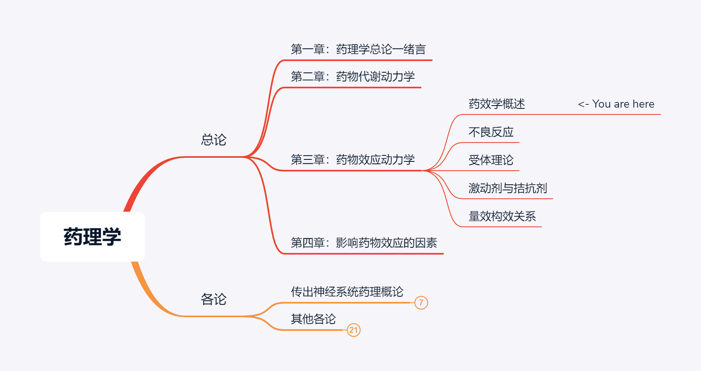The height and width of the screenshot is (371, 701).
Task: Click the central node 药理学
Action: (92, 236)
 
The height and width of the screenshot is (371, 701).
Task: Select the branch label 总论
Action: (213, 140)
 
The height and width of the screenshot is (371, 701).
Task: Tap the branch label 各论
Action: (213, 299)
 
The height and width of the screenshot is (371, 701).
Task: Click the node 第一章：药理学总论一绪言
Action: (358, 49)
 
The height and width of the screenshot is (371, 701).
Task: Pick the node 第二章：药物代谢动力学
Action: (353, 77)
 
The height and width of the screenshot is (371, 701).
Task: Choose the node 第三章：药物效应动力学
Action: (353, 160)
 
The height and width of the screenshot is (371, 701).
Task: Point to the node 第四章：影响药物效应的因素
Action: (364, 243)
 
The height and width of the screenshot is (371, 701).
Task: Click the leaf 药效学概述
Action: (497, 104)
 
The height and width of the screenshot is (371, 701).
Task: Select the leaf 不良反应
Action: (491, 132)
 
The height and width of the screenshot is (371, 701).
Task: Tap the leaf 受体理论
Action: (491, 160)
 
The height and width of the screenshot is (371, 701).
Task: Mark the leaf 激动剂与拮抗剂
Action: (508, 188)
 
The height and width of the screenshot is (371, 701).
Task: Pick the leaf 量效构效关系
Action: (502, 216)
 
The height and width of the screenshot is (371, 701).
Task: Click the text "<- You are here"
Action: (616, 104)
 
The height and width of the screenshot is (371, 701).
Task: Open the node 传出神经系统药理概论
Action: (347, 292)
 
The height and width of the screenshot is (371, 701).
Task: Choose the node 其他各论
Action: (313, 319)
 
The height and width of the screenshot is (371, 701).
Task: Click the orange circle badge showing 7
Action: (421, 303)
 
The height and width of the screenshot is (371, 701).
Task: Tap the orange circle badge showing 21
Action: (353, 330)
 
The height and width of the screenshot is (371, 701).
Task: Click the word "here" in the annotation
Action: (643, 104)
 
